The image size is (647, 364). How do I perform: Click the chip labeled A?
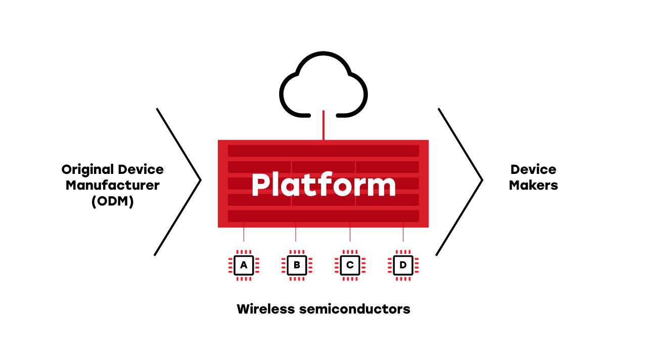pos(244,265)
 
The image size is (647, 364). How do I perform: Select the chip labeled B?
pos(297,265)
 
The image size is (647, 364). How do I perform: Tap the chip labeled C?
pos(350,265)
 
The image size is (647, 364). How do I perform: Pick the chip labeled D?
pos(403,265)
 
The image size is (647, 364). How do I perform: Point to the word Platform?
pos(323,185)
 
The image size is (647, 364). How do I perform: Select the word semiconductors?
pos(362,308)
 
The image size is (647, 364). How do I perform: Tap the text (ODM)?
pos(112,201)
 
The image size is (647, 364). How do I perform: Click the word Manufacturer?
pos(112,185)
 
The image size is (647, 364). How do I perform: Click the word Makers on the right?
pos(533,185)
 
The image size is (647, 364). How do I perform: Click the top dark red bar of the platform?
pos(323,151)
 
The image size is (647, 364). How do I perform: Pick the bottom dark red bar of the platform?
pos(323,216)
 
